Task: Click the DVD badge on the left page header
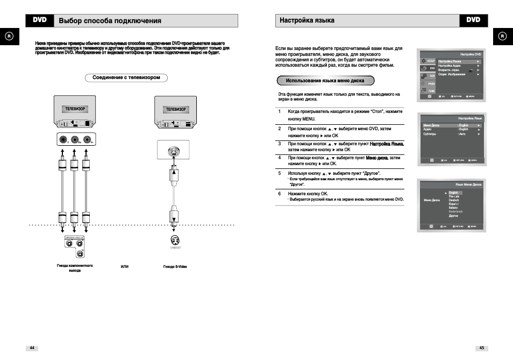click(40, 20)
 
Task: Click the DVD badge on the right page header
click(473, 20)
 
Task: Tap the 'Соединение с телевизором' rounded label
click(126, 77)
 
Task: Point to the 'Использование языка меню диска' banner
click(325, 81)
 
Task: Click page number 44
click(32, 348)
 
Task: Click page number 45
click(482, 348)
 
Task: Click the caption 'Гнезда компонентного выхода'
click(75, 268)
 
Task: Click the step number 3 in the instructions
click(280, 144)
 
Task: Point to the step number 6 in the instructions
click(280, 193)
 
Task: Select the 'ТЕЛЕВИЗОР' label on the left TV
click(75, 109)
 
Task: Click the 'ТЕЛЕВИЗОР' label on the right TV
click(175, 109)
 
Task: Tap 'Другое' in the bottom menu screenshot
click(453, 216)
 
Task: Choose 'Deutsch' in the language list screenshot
click(454, 200)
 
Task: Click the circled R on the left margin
click(9, 36)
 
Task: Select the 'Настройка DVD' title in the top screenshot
click(471, 54)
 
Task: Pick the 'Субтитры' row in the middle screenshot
click(430, 134)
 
